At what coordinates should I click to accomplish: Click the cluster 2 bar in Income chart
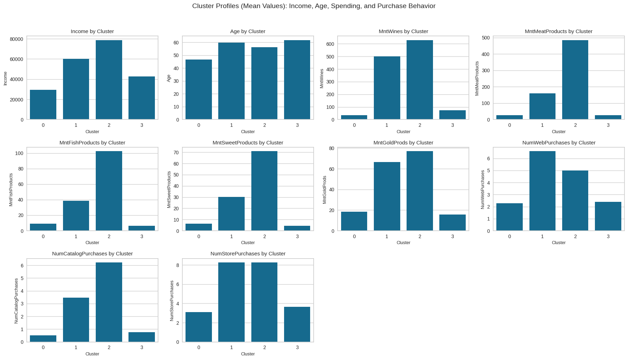pyautogui.click(x=109, y=80)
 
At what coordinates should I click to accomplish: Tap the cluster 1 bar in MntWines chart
pyautogui.click(x=387, y=88)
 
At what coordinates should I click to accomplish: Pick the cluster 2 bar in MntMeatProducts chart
pyautogui.click(x=575, y=80)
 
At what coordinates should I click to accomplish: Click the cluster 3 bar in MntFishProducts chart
pyautogui.click(x=142, y=228)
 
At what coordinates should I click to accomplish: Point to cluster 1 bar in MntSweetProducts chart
pyautogui.click(x=231, y=214)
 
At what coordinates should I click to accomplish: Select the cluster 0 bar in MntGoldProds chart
pyautogui.click(x=354, y=221)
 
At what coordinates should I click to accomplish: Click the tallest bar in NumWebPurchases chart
pyautogui.click(x=542, y=191)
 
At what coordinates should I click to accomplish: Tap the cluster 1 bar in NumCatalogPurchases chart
pyautogui.click(x=76, y=320)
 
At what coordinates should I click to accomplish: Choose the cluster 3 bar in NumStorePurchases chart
pyautogui.click(x=297, y=324)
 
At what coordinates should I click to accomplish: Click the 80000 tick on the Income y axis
pyautogui.click(x=17, y=39)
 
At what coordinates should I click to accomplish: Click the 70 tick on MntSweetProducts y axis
pyautogui.click(x=176, y=153)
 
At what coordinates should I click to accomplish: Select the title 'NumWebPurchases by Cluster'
pyautogui.click(x=559, y=143)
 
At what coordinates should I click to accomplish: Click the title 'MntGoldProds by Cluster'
pyautogui.click(x=403, y=143)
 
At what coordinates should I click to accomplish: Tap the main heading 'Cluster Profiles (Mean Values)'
pyautogui.click(x=314, y=6)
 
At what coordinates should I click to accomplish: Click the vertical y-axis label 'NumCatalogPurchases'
pyautogui.click(x=16, y=301)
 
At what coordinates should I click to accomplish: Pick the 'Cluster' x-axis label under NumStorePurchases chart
pyautogui.click(x=248, y=354)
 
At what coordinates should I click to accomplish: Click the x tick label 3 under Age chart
pyautogui.click(x=297, y=125)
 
